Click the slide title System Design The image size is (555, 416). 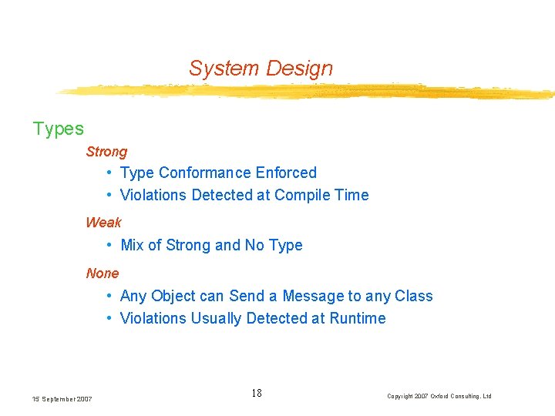click(x=261, y=69)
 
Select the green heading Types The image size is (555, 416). click(x=59, y=129)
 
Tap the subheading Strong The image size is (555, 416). click(x=106, y=153)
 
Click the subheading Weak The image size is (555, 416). click(x=103, y=223)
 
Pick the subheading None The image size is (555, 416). click(x=103, y=273)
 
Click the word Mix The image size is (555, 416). click(x=132, y=246)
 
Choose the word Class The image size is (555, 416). click(x=414, y=297)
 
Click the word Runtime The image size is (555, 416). click(x=358, y=319)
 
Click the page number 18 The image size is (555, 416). click(x=257, y=394)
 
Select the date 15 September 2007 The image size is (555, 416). click(x=62, y=399)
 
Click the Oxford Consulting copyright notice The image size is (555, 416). click(x=439, y=396)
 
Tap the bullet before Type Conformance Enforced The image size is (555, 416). click(x=112, y=173)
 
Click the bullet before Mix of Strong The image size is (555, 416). click(x=112, y=246)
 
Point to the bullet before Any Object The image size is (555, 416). click(x=112, y=297)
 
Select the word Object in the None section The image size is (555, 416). click(x=173, y=297)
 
